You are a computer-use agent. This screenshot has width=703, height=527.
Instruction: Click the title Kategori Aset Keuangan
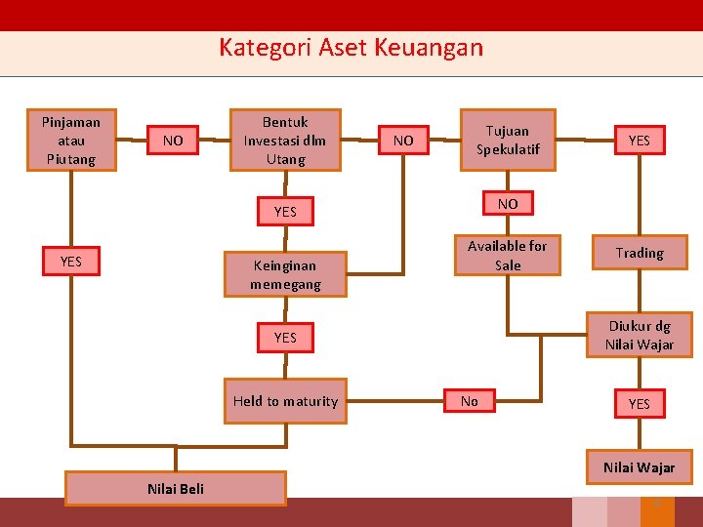coord(351,47)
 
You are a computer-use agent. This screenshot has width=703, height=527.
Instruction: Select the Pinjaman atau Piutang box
coord(71,140)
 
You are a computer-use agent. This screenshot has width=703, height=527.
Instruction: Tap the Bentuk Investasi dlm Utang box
coord(285,140)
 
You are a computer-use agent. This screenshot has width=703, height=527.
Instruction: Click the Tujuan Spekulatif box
coord(508,140)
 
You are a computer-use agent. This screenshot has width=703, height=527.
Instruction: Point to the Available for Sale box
coord(508,256)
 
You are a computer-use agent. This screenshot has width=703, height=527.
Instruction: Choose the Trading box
coord(640,253)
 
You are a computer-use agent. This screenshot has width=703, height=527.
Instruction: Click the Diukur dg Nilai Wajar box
coord(640,335)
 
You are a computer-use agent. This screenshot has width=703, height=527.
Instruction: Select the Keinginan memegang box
coord(285,274)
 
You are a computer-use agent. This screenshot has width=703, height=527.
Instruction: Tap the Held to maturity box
coord(285,401)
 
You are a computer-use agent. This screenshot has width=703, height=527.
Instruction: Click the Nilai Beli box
coord(176,488)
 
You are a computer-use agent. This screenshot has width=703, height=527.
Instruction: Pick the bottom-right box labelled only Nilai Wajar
coord(640,467)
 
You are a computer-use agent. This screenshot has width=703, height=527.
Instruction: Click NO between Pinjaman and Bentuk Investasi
coord(173,141)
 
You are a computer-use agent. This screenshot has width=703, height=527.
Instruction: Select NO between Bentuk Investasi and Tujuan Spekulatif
coord(403,141)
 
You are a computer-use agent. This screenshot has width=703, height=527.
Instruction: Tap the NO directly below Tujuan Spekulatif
coord(508,204)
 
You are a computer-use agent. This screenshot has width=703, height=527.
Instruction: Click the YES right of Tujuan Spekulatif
coord(640,141)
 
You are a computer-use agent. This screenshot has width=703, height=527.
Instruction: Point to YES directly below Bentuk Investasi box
coord(285,212)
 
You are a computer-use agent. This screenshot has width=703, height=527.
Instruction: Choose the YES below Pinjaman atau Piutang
coord(71,261)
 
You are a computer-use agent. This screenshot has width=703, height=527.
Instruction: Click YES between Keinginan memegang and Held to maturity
coord(285,338)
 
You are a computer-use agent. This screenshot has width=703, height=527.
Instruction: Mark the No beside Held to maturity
coord(470,401)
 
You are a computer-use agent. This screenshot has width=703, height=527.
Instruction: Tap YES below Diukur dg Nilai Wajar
coord(640,404)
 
